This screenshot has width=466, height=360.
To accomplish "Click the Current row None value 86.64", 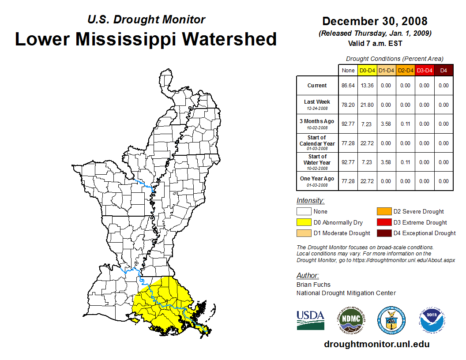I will (348, 86).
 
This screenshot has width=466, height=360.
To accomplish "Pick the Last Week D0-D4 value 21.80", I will (367, 105).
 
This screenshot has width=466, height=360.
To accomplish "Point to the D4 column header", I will (443, 71).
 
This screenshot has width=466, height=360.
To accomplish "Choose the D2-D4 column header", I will (405, 71).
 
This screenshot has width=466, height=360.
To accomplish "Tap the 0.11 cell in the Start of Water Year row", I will (405, 162).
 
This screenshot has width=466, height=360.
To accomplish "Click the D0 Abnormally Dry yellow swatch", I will (304, 222).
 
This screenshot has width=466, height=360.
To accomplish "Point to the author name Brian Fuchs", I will (313, 285).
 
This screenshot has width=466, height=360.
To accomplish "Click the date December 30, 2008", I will (375, 21).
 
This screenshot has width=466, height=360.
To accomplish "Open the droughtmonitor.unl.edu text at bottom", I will (376, 344).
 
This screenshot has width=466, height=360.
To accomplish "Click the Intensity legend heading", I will (310, 201).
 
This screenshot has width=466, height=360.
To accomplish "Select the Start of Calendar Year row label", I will (317, 143).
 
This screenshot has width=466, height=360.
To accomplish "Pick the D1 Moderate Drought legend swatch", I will (304, 233).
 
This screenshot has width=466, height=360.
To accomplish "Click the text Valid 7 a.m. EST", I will (375, 43).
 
